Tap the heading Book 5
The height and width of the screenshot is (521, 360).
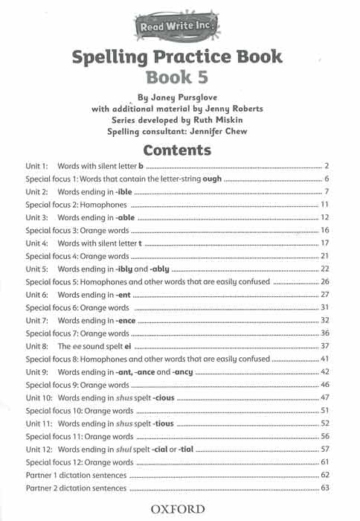click(179, 76)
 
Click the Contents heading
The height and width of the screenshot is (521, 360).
click(179, 150)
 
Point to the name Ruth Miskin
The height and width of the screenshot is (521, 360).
click(210, 120)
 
